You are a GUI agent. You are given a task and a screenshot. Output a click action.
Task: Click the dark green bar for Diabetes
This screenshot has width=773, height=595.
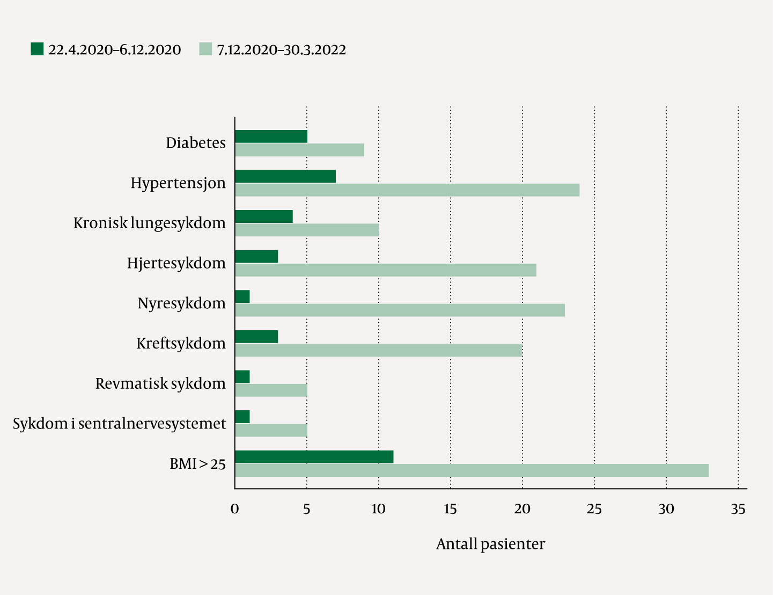pos(271,136)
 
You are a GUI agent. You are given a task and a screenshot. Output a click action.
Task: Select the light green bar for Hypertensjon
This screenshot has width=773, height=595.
pos(407,190)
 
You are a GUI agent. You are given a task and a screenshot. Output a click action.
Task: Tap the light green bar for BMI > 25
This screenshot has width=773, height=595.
pos(472,470)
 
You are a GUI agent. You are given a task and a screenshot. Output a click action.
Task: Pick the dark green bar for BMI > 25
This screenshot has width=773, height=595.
pos(314,457)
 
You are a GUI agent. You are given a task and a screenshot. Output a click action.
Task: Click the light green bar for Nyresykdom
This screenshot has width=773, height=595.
pos(400,310)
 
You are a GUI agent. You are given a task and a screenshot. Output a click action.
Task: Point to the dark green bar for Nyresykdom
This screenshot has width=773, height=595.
pos(242,297)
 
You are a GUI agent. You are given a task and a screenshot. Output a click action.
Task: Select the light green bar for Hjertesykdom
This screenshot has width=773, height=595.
pos(385,270)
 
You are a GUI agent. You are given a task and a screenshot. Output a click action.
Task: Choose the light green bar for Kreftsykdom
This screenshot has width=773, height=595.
pos(378,350)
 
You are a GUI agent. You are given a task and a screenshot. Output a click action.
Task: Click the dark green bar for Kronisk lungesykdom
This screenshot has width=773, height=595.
pos(264,216)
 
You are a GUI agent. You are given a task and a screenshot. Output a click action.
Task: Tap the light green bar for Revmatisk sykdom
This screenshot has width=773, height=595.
pos(271,390)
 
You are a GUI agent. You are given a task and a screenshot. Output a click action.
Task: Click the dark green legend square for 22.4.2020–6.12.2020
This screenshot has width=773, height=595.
pos(37,49)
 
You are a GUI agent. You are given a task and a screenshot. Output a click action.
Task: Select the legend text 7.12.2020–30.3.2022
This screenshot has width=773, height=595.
pos(282,50)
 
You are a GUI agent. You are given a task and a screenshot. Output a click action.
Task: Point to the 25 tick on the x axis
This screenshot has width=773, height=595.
pos(594,509)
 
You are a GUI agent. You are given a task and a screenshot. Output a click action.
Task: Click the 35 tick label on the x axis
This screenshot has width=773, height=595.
pos(738,509)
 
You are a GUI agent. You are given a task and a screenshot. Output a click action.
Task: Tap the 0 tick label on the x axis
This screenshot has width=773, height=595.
pos(234,509)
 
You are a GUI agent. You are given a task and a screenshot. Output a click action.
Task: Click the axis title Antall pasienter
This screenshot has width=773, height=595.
pos(490,544)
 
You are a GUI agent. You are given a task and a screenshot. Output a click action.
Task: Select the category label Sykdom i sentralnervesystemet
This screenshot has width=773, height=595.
pos(119,424)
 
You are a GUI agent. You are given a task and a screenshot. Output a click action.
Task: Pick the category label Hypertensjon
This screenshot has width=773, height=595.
pos(178,183)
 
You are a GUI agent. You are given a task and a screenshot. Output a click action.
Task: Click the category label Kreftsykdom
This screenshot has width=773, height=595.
pos(181,343)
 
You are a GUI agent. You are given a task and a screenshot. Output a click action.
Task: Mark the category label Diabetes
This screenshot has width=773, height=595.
pos(196,143)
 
